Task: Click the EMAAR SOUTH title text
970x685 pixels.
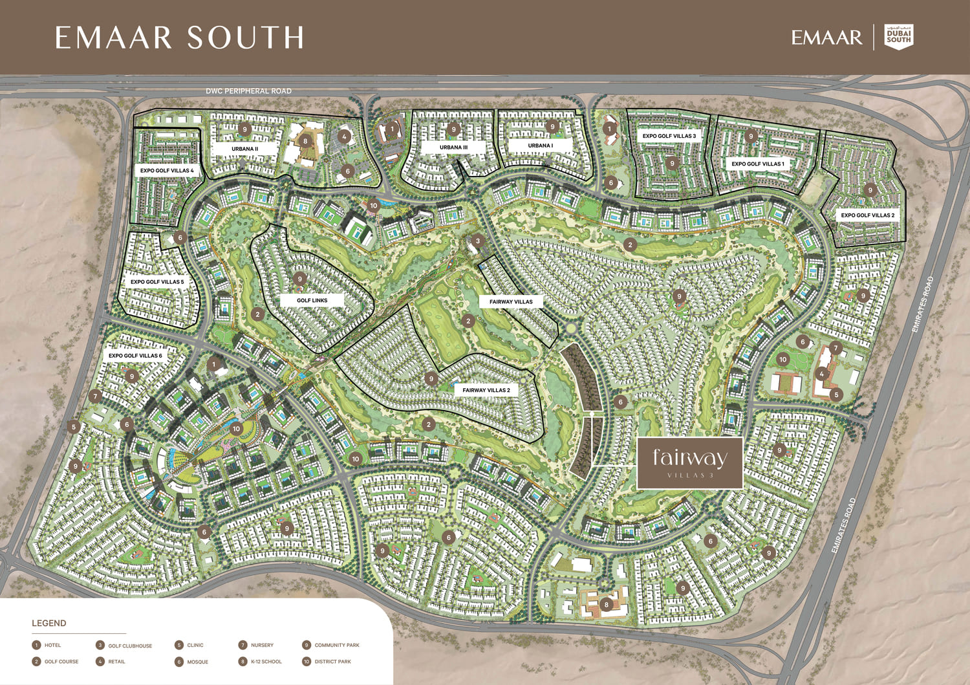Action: pos(179,38)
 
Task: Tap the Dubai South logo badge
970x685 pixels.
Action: pos(898,37)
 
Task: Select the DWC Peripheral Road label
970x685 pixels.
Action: pos(248,91)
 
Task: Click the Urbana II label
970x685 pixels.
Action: pos(244,149)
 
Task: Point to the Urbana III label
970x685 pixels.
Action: pos(453,147)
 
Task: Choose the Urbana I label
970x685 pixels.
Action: pos(540,146)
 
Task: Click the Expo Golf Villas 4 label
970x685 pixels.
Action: pos(167,171)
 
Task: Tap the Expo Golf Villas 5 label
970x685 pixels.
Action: pos(157,282)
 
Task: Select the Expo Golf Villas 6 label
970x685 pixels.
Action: pos(135,356)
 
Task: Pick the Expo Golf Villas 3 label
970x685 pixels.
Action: pos(669,136)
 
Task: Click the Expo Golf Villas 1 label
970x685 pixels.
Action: pos(757,164)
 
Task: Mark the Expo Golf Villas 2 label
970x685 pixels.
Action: pos(867,215)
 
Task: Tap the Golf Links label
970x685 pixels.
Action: pos(312,301)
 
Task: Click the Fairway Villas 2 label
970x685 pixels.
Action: pos(486,391)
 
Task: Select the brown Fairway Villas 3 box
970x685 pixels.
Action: pos(689,462)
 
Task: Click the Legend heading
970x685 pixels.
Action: pos(49,624)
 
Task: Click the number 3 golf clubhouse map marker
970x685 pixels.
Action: pos(477,241)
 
